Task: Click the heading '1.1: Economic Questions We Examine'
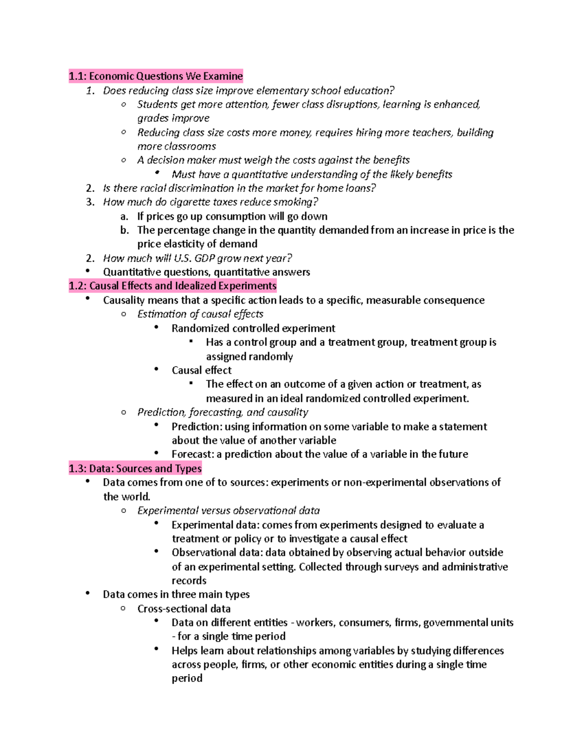click(156, 76)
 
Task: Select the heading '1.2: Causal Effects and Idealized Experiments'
click(173, 286)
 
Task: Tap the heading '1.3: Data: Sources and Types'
click(135, 468)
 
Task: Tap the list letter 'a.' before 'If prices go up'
click(125, 217)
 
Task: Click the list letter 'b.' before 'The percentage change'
click(125, 230)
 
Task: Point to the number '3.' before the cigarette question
click(90, 202)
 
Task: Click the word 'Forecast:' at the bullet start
click(193, 454)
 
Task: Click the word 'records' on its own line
click(189, 581)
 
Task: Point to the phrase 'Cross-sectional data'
click(184, 609)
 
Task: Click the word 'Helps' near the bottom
click(184, 651)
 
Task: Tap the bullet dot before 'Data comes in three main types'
click(88, 593)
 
